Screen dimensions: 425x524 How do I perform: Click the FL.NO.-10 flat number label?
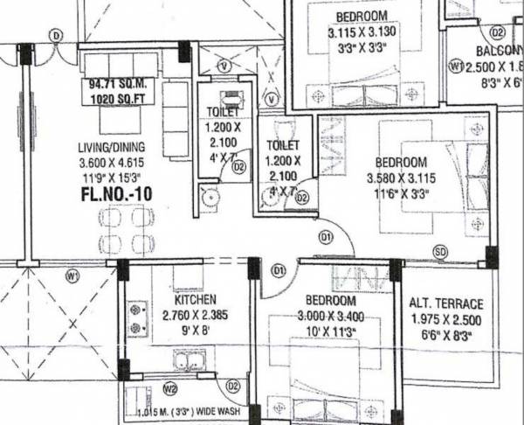click(115, 194)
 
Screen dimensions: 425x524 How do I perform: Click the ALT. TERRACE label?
click(445, 303)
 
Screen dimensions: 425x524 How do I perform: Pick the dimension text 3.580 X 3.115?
click(402, 178)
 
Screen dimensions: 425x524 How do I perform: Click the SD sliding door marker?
click(440, 252)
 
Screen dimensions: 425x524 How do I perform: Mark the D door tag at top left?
click(57, 35)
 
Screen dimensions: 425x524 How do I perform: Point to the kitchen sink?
click(185, 359)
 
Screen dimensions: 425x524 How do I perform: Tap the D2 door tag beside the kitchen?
click(233, 386)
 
